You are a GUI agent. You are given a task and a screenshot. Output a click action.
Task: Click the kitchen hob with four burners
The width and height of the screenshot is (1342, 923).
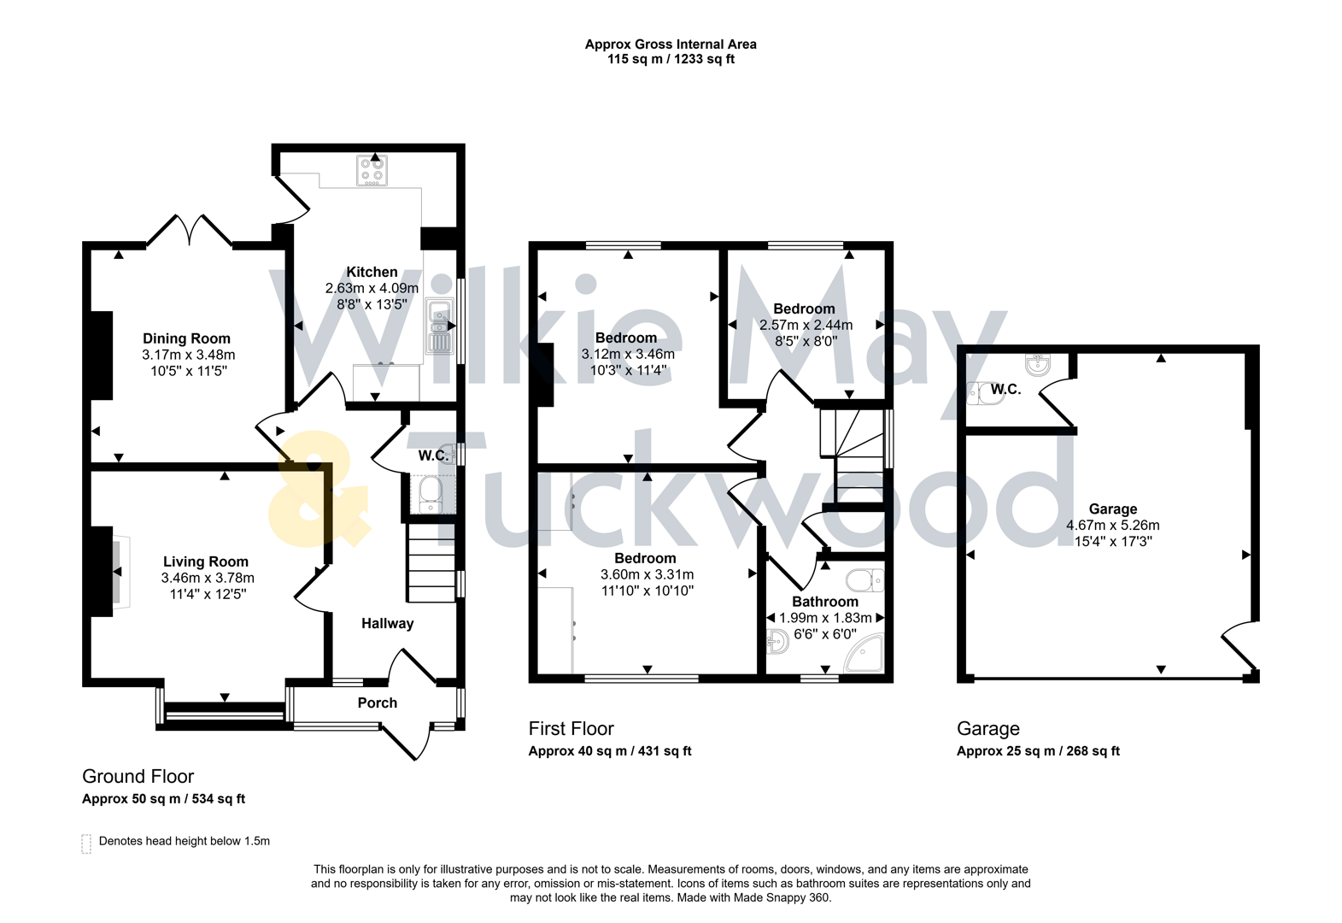(372, 170)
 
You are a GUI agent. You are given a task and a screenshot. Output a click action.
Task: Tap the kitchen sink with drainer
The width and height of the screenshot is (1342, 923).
(439, 327)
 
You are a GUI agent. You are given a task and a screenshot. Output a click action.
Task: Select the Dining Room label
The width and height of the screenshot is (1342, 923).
(186, 338)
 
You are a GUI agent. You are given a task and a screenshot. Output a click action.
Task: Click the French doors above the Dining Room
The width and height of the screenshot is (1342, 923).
(190, 230)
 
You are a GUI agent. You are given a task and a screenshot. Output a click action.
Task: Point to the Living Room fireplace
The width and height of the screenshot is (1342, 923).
(120, 571)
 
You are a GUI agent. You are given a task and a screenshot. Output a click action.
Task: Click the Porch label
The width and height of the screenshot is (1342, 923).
(377, 703)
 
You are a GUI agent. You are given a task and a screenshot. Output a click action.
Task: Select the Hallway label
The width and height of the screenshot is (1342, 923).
(387, 623)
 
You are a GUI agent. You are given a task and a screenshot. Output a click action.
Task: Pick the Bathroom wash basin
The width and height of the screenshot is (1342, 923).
(777, 640)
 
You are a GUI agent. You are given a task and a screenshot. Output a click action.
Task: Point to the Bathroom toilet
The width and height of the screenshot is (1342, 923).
(864, 581)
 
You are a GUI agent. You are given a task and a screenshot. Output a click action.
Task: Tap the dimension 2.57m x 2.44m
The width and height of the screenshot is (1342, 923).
(806, 325)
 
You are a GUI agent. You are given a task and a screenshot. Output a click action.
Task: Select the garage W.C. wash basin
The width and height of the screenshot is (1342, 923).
(1037, 364)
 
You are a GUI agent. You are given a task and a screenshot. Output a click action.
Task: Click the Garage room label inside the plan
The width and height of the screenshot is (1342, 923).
(1112, 509)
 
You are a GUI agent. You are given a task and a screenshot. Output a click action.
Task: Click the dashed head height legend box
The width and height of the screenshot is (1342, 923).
(86, 844)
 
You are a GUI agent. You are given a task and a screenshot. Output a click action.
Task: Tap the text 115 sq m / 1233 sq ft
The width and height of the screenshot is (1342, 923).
(671, 59)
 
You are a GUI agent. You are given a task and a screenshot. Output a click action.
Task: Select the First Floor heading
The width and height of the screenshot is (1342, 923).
(571, 728)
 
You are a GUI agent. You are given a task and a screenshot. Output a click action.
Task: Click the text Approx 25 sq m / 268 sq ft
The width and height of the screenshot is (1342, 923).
(1038, 751)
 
